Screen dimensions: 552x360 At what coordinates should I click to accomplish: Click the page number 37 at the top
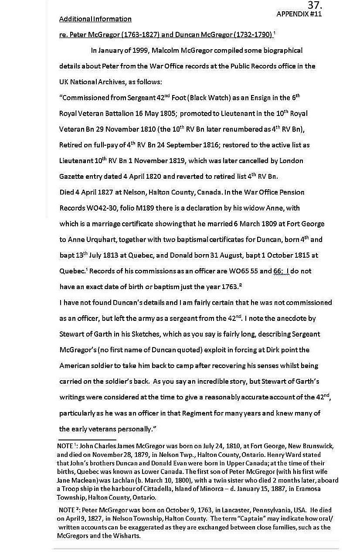(314, 5)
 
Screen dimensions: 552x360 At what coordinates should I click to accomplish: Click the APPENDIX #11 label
(299, 14)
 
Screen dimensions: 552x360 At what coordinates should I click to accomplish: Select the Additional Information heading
(95, 19)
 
